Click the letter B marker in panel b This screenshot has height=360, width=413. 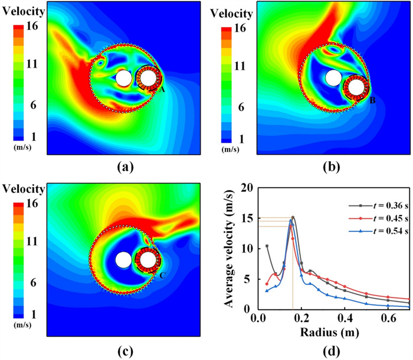[x=372, y=100]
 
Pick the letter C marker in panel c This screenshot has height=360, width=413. [x=163, y=275]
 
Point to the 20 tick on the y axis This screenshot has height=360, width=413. [x=248, y=188]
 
